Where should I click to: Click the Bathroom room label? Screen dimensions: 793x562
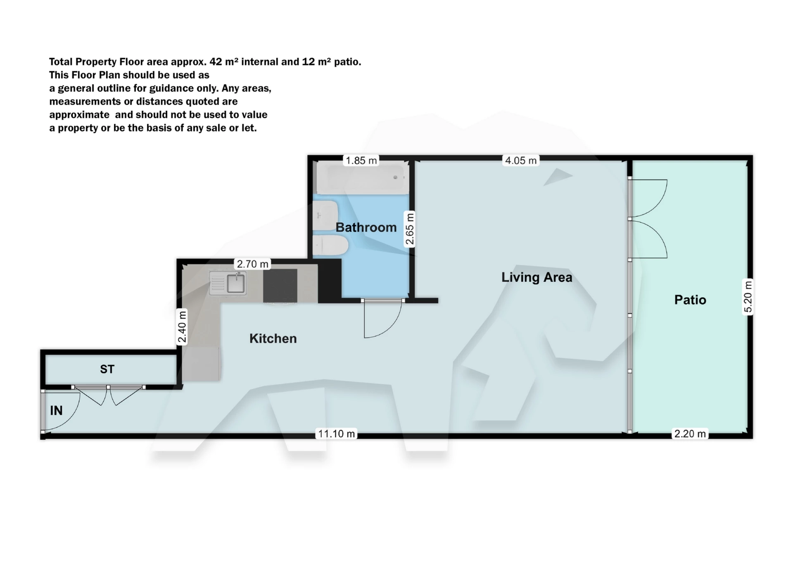(366, 227)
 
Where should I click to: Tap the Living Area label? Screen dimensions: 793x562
(537, 277)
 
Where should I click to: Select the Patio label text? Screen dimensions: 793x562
(690, 300)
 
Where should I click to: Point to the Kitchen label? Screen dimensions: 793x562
(273, 338)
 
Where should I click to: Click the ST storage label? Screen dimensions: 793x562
(107, 369)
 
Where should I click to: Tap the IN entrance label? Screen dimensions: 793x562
(56, 410)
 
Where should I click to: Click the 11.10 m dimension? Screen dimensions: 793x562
(336, 433)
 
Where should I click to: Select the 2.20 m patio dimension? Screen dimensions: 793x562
(690, 433)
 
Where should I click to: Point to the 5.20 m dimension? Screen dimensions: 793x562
(748, 296)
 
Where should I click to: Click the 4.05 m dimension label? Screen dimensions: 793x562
(521, 160)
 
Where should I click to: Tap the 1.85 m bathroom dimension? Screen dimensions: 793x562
(361, 160)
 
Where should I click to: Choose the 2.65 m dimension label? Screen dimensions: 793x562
(409, 229)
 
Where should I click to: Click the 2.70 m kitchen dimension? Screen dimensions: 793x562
(253, 264)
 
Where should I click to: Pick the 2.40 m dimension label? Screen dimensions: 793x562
(182, 327)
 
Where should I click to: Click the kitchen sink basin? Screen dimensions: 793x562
(235, 283)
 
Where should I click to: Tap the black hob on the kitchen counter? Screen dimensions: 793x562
(280, 286)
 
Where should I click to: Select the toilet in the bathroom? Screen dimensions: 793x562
(330, 245)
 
